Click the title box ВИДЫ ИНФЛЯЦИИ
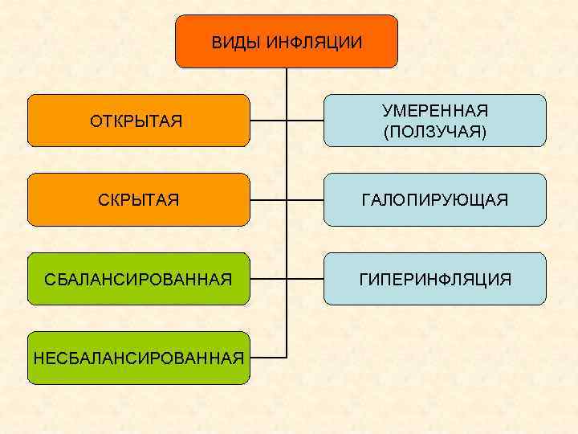click(287, 41)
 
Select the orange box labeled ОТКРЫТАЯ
click(139, 121)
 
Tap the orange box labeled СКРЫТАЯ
click(139, 199)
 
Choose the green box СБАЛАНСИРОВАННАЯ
click(139, 279)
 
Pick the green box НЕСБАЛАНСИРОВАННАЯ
click(139, 358)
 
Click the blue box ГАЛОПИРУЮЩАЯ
click(434, 199)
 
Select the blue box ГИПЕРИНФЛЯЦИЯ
click(434, 279)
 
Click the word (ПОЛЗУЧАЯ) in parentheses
click(434, 131)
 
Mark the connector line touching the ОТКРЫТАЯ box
click(268, 121)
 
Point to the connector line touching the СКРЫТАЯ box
click(268, 199)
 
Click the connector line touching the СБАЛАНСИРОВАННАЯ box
click(268, 279)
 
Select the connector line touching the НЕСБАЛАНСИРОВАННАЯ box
click(268, 357)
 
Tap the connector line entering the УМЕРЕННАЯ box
click(305, 121)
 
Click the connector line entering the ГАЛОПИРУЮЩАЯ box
click(305, 199)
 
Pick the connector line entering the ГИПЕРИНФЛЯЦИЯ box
click(305, 279)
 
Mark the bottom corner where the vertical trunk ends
click(287, 357)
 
